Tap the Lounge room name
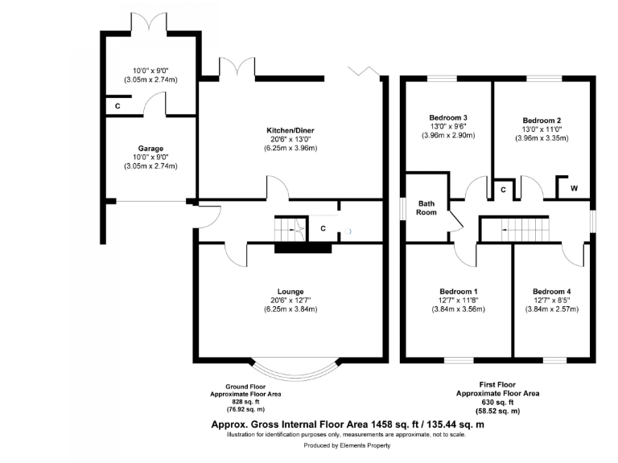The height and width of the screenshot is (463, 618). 288,291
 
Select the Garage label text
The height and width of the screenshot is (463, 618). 150,149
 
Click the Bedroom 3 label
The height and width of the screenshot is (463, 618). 448,117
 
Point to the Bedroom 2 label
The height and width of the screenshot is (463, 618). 542,118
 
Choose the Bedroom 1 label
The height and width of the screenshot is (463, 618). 459,291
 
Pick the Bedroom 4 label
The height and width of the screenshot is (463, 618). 552,291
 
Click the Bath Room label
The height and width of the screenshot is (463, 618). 426,207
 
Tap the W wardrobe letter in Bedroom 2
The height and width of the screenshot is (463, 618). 574,189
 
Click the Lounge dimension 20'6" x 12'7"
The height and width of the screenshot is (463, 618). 288,300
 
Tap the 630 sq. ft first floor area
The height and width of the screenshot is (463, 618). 499,402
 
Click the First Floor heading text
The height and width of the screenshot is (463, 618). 499,385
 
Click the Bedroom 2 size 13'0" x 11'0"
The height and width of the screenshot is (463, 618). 542,128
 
